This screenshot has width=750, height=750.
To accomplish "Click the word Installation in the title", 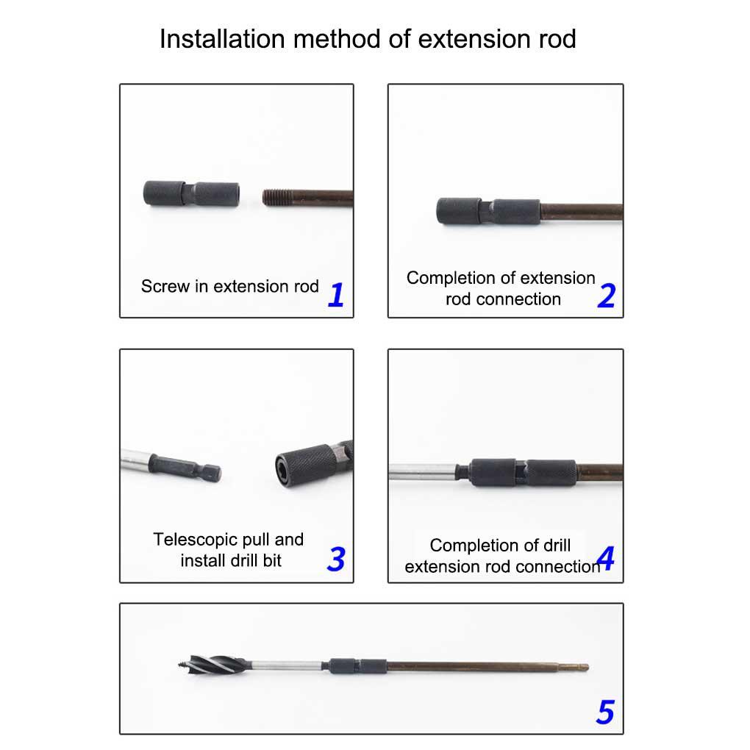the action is pos(222,39).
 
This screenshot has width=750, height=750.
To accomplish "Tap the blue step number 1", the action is pos(336,294).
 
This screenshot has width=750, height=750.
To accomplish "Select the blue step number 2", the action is pos(607,295).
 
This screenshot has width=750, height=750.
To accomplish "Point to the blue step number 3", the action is pos(336,559).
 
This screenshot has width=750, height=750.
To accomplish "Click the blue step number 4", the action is pos(606,557).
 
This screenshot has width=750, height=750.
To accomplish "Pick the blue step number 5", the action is pos(605,712).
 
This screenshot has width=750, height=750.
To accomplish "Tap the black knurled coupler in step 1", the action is pos(191,193).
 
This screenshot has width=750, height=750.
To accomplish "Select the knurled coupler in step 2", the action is pos(488,212).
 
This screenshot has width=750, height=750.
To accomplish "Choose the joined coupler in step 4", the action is pos(523,473).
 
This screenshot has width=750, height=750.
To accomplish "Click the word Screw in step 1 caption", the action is pos(165,286).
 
